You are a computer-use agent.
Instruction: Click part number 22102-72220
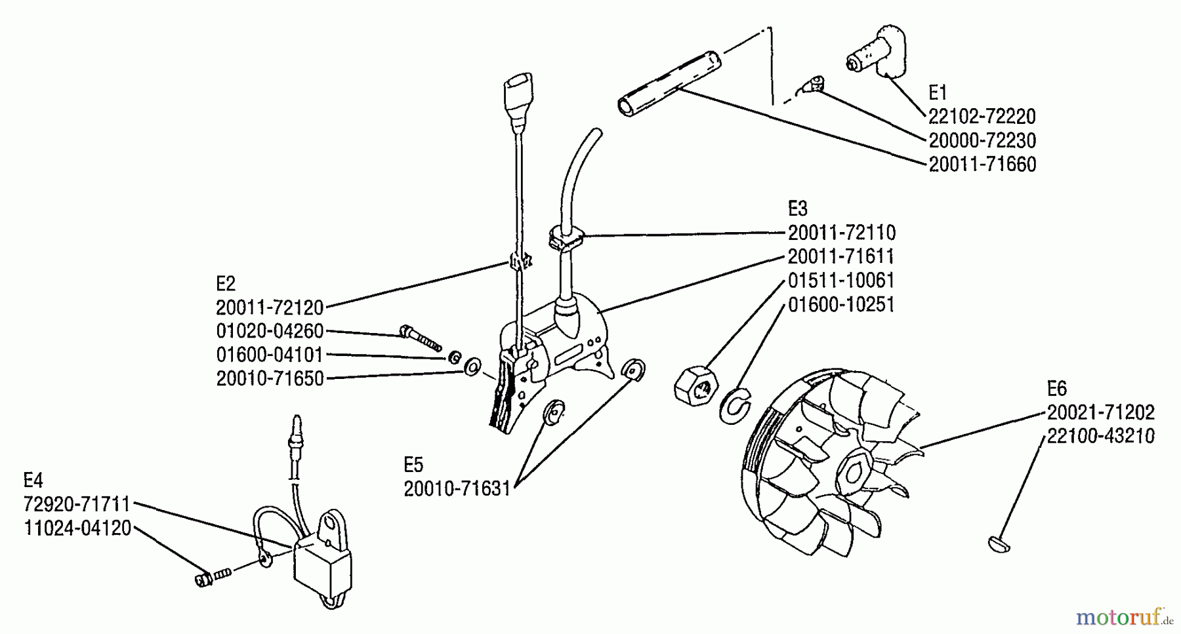tap(982, 117)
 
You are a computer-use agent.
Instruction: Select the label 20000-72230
tap(982, 140)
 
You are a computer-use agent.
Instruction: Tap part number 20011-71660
tap(982, 165)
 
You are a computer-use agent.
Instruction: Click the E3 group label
tap(797, 208)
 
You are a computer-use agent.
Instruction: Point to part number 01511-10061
tap(841, 281)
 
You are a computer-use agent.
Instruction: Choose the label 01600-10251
tap(841, 305)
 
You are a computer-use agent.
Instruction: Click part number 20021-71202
tap(1100, 412)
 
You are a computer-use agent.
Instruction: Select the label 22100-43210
tap(1100, 436)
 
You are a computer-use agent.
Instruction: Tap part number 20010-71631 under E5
tap(457, 489)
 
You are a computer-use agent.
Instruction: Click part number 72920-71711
tap(77, 504)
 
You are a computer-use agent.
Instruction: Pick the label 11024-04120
tap(77, 528)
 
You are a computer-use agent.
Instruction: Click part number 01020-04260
tap(270, 330)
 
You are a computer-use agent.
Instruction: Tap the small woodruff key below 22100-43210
tap(999, 544)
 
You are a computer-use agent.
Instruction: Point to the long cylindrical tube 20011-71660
tap(669, 85)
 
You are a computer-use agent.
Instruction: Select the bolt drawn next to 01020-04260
tap(419, 338)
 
